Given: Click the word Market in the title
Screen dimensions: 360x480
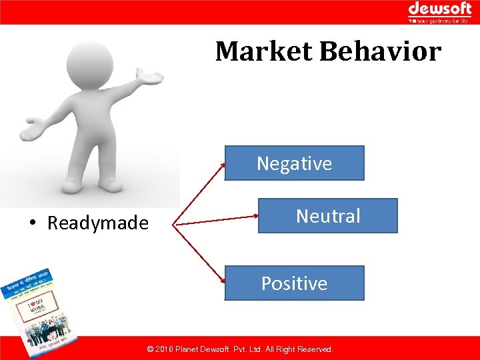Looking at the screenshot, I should tap(264, 51).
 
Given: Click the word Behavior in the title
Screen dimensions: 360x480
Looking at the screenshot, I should tap(380, 51).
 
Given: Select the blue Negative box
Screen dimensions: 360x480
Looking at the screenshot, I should tap(294, 163).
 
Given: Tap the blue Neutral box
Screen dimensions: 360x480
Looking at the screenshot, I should tap(327, 215).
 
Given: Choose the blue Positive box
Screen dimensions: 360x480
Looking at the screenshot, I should tap(294, 283).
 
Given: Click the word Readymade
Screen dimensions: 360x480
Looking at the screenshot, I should tap(97, 223).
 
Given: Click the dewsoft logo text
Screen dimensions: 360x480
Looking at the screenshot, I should tap(439, 9).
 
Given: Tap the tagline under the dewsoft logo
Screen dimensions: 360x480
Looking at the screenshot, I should tap(442, 21).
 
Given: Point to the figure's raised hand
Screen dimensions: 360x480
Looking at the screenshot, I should tap(152, 79).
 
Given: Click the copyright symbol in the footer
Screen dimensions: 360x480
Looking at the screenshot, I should tap(150, 349).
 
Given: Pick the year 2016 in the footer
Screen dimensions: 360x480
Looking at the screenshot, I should tap(164, 349).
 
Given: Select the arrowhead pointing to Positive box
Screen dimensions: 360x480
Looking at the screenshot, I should tap(223, 279).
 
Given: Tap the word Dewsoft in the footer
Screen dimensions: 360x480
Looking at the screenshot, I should tap(215, 349).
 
